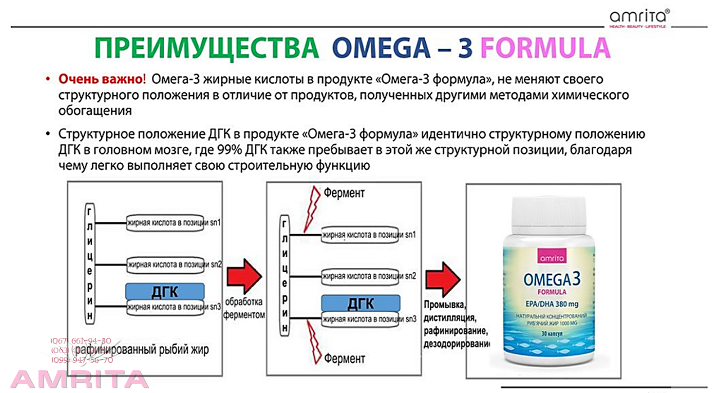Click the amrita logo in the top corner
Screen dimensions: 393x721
pos(638,17)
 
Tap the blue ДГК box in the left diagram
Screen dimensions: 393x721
pos(164,291)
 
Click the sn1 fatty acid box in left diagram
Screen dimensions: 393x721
pos(174,222)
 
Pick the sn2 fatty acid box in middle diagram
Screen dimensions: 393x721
pos(369,276)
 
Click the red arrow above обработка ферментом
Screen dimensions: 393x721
pos(244,276)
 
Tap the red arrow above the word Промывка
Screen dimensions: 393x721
pos(443,280)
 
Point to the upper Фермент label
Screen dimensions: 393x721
pos(344,193)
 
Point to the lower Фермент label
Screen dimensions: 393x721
pos(344,358)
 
